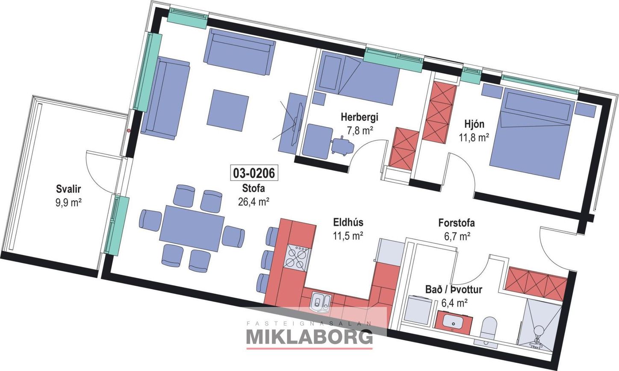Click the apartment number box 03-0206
(x=254, y=173)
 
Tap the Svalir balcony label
(x=68, y=189)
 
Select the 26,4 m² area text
(x=253, y=202)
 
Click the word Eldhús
(x=348, y=222)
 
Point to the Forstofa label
(x=457, y=223)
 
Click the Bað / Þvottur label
(x=454, y=290)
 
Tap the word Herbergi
(x=359, y=117)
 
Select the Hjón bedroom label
(x=474, y=124)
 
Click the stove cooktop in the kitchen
(x=297, y=258)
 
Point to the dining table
(x=193, y=229)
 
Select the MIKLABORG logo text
(x=309, y=337)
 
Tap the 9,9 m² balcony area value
(x=68, y=203)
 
